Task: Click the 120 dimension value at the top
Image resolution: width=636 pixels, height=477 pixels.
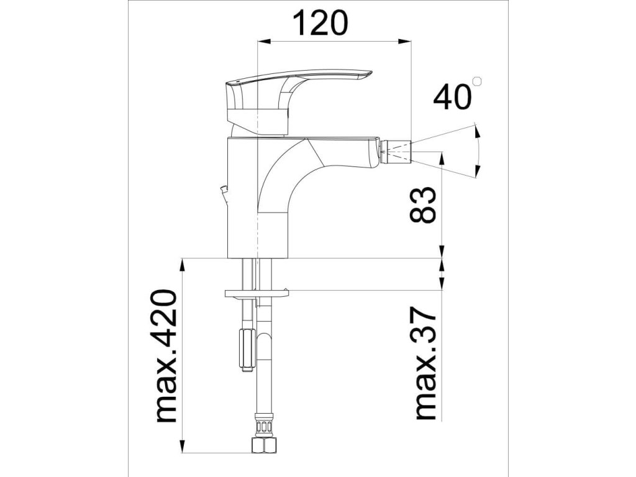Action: [320, 24]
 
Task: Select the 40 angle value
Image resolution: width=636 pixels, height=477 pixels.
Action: [452, 98]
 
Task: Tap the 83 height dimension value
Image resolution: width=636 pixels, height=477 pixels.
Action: [422, 205]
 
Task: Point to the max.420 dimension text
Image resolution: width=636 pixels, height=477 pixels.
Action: [167, 356]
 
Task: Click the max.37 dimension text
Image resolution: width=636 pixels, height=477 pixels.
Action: [426, 362]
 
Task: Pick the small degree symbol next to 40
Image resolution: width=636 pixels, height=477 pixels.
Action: [478, 81]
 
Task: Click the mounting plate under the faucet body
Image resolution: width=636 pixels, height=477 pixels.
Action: [256, 293]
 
